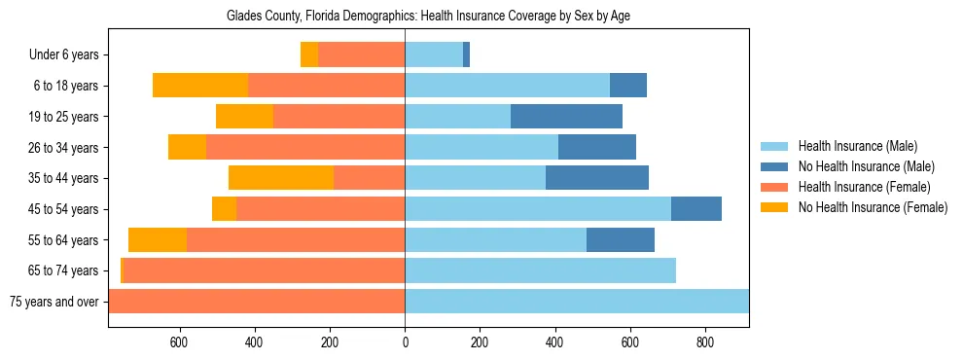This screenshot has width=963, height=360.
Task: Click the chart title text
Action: click(x=429, y=17)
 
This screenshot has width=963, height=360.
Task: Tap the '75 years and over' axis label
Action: click(x=54, y=302)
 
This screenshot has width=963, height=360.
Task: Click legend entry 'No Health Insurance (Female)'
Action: click(x=873, y=207)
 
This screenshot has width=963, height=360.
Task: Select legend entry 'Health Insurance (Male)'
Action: click(x=858, y=146)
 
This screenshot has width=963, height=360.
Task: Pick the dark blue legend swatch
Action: click(x=775, y=166)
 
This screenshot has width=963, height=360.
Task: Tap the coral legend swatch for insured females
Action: click(x=775, y=187)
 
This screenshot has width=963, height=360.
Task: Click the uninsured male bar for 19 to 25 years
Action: click(x=566, y=117)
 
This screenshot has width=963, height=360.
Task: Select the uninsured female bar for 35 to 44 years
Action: click(x=281, y=178)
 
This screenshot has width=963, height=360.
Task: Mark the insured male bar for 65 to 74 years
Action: click(x=540, y=270)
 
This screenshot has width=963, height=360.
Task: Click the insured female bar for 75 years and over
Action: click(x=257, y=302)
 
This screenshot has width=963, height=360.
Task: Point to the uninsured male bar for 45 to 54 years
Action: click(x=696, y=209)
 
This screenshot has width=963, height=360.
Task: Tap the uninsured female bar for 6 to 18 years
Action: click(x=200, y=86)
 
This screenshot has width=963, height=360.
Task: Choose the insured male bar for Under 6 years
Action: click(x=434, y=55)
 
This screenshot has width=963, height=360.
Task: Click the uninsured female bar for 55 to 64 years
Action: click(x=158, y=239)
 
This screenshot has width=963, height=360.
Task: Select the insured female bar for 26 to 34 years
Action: click(x=305, y=147)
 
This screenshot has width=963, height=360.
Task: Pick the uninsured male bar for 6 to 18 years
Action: click(x=628, y=86)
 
